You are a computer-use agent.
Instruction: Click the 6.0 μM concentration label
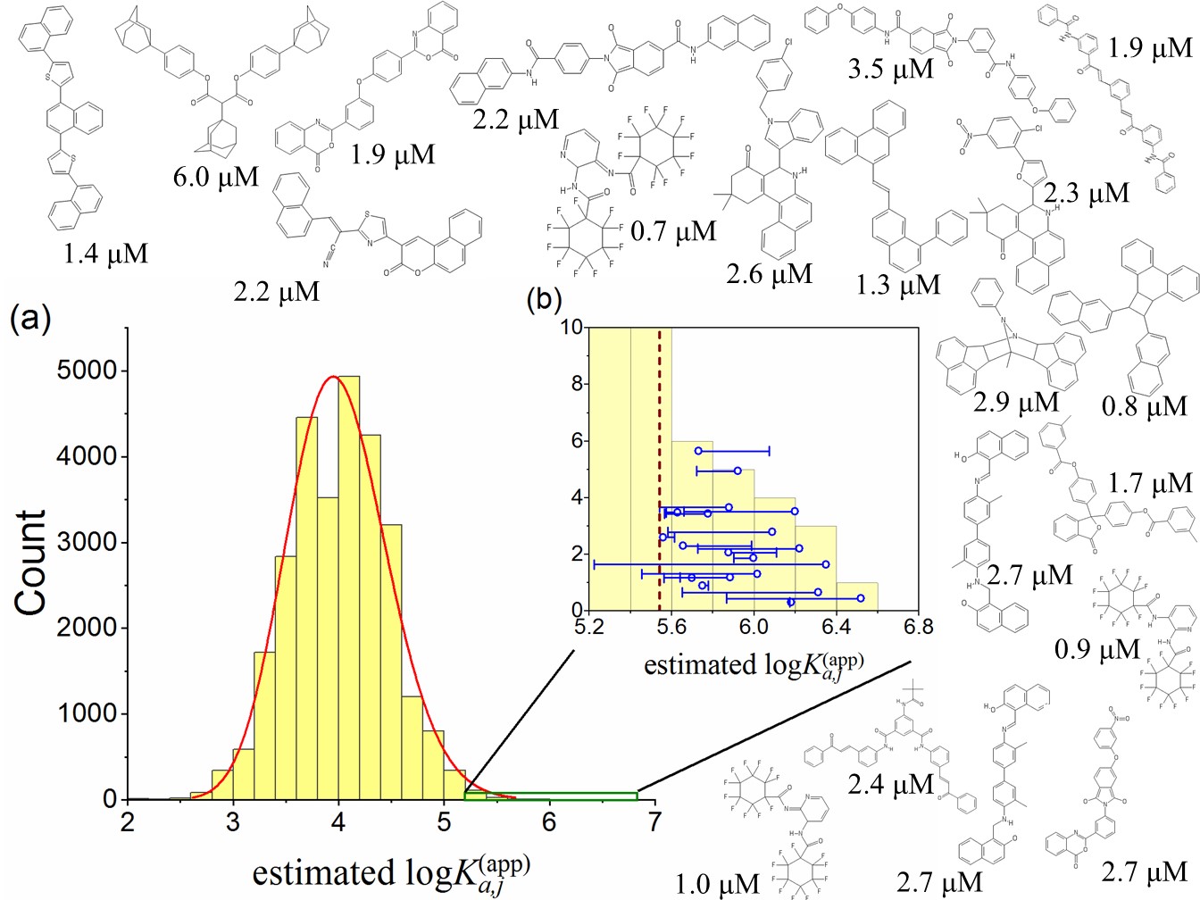[216, 177]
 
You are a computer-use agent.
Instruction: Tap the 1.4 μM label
[105, 254]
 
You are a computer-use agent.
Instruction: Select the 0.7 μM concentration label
[673, 232]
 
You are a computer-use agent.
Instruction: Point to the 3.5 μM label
[891, 69]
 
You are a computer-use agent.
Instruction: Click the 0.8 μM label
[1145, 407]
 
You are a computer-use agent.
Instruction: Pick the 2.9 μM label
[1016, 402]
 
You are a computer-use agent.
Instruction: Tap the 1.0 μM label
[717, 884]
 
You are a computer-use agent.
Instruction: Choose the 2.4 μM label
[891, 785]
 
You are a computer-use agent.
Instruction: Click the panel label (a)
[29, 319]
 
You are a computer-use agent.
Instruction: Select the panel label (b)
[544, 300]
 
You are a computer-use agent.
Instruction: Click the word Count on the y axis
[31, 562]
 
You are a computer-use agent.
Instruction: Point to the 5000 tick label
[87, 371]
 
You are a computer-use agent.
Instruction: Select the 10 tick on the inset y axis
[571, 328]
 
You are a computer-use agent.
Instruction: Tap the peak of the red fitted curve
[333, 377]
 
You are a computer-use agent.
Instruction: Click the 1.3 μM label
[898, 285]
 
